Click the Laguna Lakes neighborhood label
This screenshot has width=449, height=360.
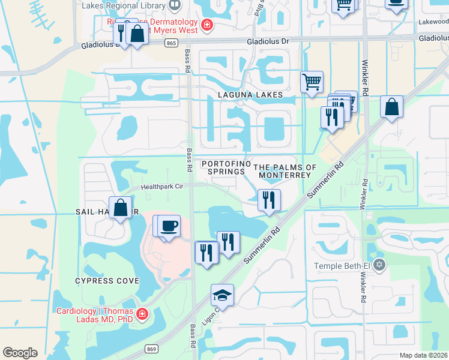tap(248, 95)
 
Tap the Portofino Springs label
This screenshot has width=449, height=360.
tap(223, 167)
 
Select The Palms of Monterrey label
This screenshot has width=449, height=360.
tap(285, 171)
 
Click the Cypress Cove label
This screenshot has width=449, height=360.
tap(107, 281)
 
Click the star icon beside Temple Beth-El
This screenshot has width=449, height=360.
tap(378, 265)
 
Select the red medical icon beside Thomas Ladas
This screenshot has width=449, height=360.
tap(142, 314)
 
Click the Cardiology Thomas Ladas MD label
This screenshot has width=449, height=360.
tap(95, 315)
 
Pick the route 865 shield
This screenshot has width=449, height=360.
tap(172, 43)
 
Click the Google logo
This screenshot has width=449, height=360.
tap(20, 353)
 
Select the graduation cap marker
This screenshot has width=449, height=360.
tap(222, 295)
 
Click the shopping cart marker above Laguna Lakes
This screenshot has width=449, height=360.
tap(312, 82)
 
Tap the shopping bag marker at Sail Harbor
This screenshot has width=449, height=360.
tap(121, 207)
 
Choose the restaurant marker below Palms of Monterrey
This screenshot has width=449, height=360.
tap(269, 200)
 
